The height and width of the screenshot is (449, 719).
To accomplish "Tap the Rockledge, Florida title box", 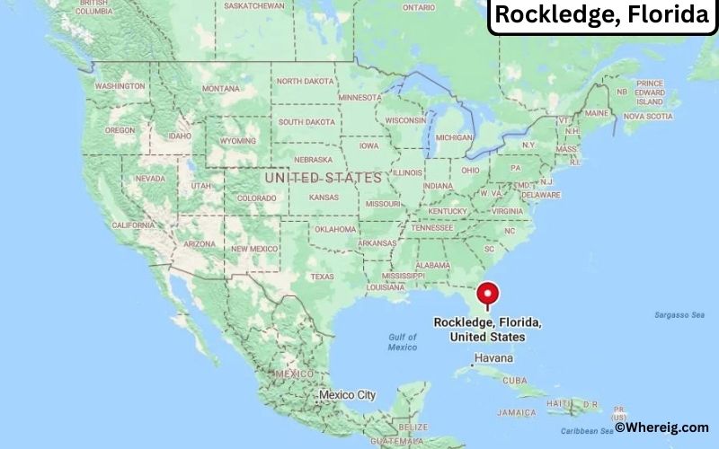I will pyautogui.click(x=602, y=15).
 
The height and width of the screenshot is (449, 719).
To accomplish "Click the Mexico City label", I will pyautogui.click(x=347, y=395).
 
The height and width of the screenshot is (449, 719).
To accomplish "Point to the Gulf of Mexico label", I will pyautogui.click(x=403, y=342).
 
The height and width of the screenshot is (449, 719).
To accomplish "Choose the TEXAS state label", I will pyautogui.click(x=322, y=277).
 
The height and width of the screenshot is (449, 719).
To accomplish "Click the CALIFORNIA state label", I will pyautogui.click(x=133, y=224).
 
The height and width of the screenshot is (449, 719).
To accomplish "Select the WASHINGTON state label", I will pyautogui.click(x=120, y=86).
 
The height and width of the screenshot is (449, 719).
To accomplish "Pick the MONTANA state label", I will pyautogui.click(x=221, y=89).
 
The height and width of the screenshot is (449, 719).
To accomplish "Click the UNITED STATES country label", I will pyautogui.click(x=324, y=178).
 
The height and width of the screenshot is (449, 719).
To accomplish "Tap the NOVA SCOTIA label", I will pyautogui.click(x=648, y=116).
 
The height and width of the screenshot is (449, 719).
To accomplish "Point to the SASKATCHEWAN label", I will pyautogui.click(x=253, y=5).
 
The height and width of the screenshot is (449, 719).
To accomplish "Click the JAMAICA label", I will pyautogui.click(x=519, y=412).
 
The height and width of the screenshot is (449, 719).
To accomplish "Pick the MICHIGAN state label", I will pyautogui.click(x=455, y=137).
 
